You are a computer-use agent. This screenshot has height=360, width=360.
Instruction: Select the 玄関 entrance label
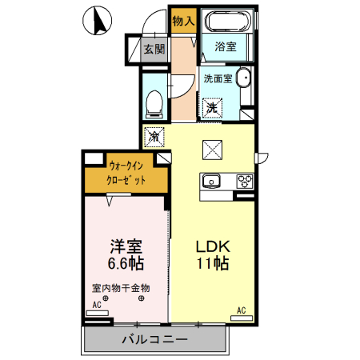pyautogui.click(x=154, y=49)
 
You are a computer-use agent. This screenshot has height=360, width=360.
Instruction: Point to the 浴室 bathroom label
pyautogui.click(x=226, y=47)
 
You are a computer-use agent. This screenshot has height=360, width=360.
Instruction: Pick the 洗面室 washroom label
pyautogui.click(x=217, y=78)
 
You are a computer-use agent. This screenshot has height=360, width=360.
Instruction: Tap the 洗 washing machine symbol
pyautogui.click(x=212, y=106)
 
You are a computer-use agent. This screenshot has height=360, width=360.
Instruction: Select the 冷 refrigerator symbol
pyautogui.click(x=154, y=137)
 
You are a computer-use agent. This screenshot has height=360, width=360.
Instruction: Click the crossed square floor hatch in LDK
pyautogui.click(x=212, y=150)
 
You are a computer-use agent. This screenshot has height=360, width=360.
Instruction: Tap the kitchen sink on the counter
pyautogui.click(x=213, y=180)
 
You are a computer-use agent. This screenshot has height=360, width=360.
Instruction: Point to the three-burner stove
pyautogui.click(x=243, y=181)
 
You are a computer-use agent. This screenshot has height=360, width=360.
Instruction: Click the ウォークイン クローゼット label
pyautogui.click(x=127, y=174)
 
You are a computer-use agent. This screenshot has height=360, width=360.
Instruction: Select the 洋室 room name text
pyautogui.click(x=126, y=245)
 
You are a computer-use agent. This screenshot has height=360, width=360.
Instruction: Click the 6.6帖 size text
pyautogui.click(x=126, y=262)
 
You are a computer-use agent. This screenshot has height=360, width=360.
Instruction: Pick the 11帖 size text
pyautogui.click(x=212, y=263)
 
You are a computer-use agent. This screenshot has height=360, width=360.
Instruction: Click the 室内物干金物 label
pyautogui.click(x=121, y=288)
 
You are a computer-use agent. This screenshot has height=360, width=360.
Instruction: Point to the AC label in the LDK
pyautogui.click(x=240, y=309)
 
